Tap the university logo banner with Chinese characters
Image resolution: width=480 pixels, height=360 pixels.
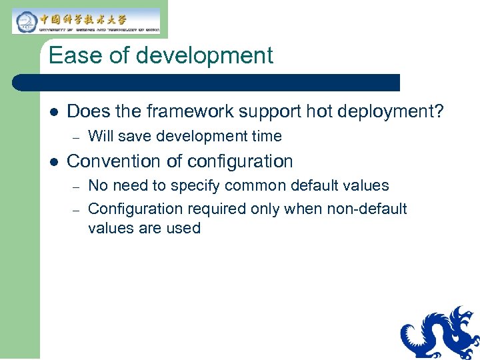point(87,21)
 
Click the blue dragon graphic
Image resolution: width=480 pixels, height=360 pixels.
point(441,333)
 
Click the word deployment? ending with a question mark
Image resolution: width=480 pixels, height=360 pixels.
point(387,111)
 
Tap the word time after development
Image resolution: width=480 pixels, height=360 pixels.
point(266,137)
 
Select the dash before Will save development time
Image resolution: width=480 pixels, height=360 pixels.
point(77,137)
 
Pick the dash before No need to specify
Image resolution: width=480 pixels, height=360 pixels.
point(77,186)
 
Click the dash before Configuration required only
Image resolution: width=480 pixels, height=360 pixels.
point(77,209)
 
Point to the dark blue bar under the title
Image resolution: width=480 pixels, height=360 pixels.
point(207,83)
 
